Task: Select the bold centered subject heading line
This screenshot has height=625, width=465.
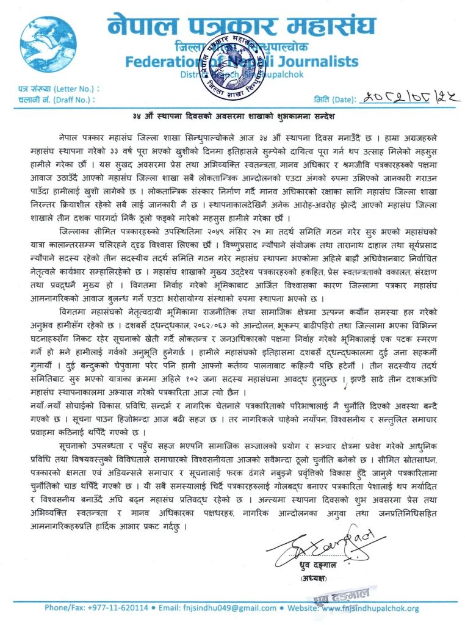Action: tap(232, 116)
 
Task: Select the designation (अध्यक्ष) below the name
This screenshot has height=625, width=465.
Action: tap(317, 578)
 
